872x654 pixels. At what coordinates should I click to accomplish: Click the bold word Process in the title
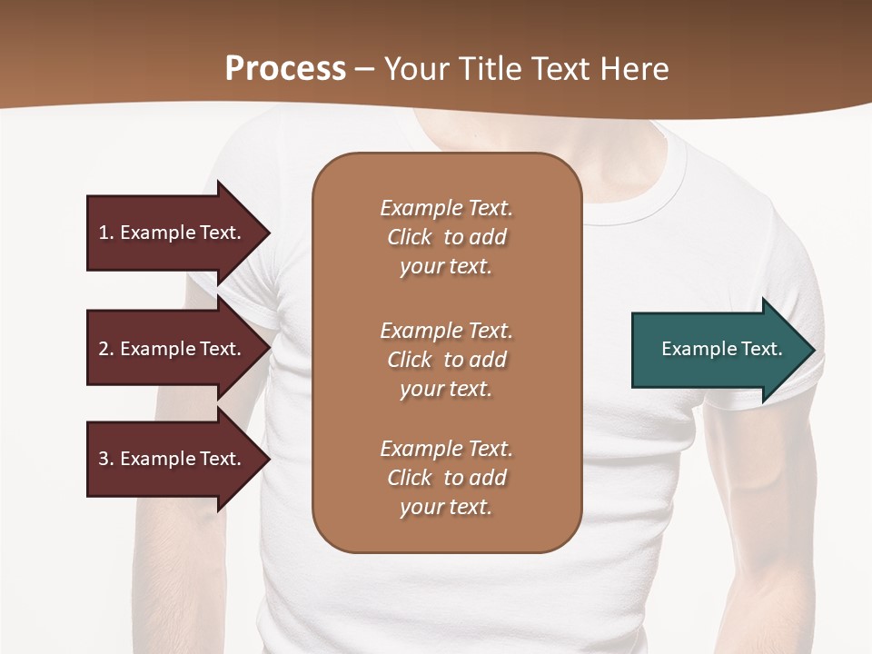285,69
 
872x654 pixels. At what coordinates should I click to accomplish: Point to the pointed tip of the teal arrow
813,350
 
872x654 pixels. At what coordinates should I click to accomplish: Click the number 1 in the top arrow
104,233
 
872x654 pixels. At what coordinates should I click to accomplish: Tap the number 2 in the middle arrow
104,349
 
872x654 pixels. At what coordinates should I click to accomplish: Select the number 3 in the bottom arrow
104,459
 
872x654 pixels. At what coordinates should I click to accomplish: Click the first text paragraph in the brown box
446,237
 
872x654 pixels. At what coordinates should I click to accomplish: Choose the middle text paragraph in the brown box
446,360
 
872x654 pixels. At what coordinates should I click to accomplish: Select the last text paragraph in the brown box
446,478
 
